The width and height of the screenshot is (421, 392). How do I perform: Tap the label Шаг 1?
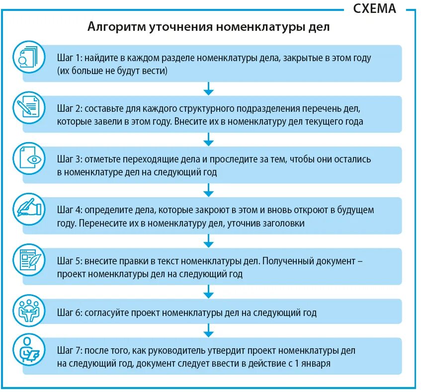coord(69,58)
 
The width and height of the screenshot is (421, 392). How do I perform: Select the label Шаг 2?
coord(69,108)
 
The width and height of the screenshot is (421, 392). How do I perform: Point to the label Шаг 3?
coord(69,159)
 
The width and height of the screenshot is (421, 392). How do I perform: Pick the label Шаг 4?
coord(69,210)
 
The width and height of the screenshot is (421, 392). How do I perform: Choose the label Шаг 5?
coord(69,261)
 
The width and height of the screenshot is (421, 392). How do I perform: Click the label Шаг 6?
coord(69,313)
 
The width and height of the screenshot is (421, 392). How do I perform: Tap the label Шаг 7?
coord(69,350)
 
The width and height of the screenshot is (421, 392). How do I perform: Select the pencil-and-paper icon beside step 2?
coord(29,108)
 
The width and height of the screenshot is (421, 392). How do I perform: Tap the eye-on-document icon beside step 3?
coord(29,159)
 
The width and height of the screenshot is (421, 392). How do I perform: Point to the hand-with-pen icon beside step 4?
coord(29,210)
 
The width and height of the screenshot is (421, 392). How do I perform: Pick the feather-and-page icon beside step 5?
coord(29,260)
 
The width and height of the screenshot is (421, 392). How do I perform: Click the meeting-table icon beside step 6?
coord(29,311)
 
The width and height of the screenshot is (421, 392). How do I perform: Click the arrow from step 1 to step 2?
coord(209,89)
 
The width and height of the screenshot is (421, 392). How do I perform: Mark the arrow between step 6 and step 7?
coord(209,331)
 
